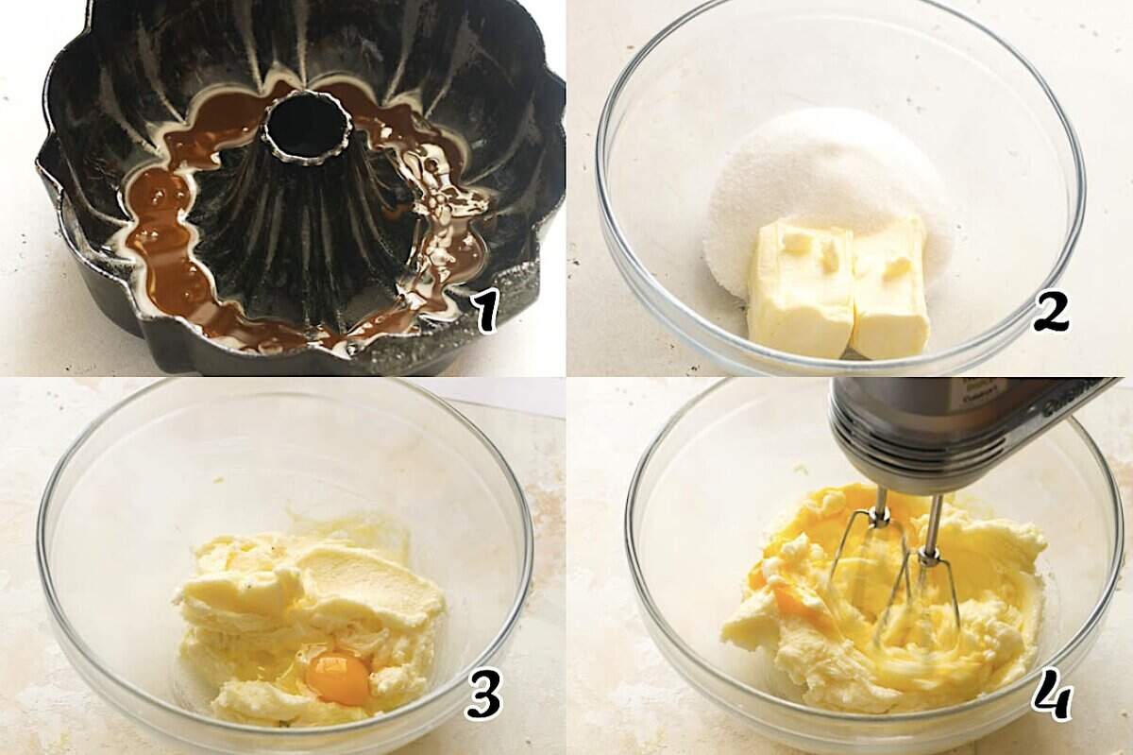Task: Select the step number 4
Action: tap(1051, 697)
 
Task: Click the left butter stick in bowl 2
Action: tap(800, 288)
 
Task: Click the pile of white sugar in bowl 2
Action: tap(821, 180)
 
